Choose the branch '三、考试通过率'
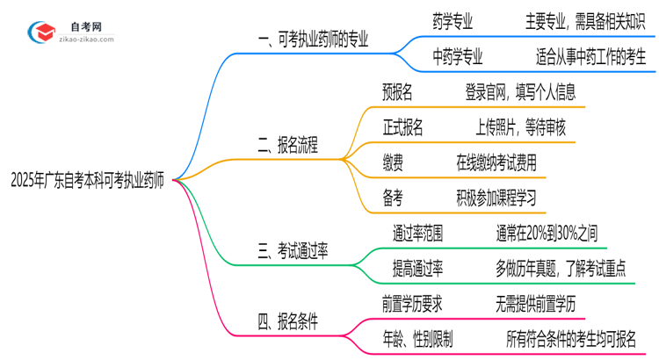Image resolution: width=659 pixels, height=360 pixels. pyautogui.click(x=293, y=252)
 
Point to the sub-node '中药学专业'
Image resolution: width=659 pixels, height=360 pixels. pyautogui.click(x=457, y=59)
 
